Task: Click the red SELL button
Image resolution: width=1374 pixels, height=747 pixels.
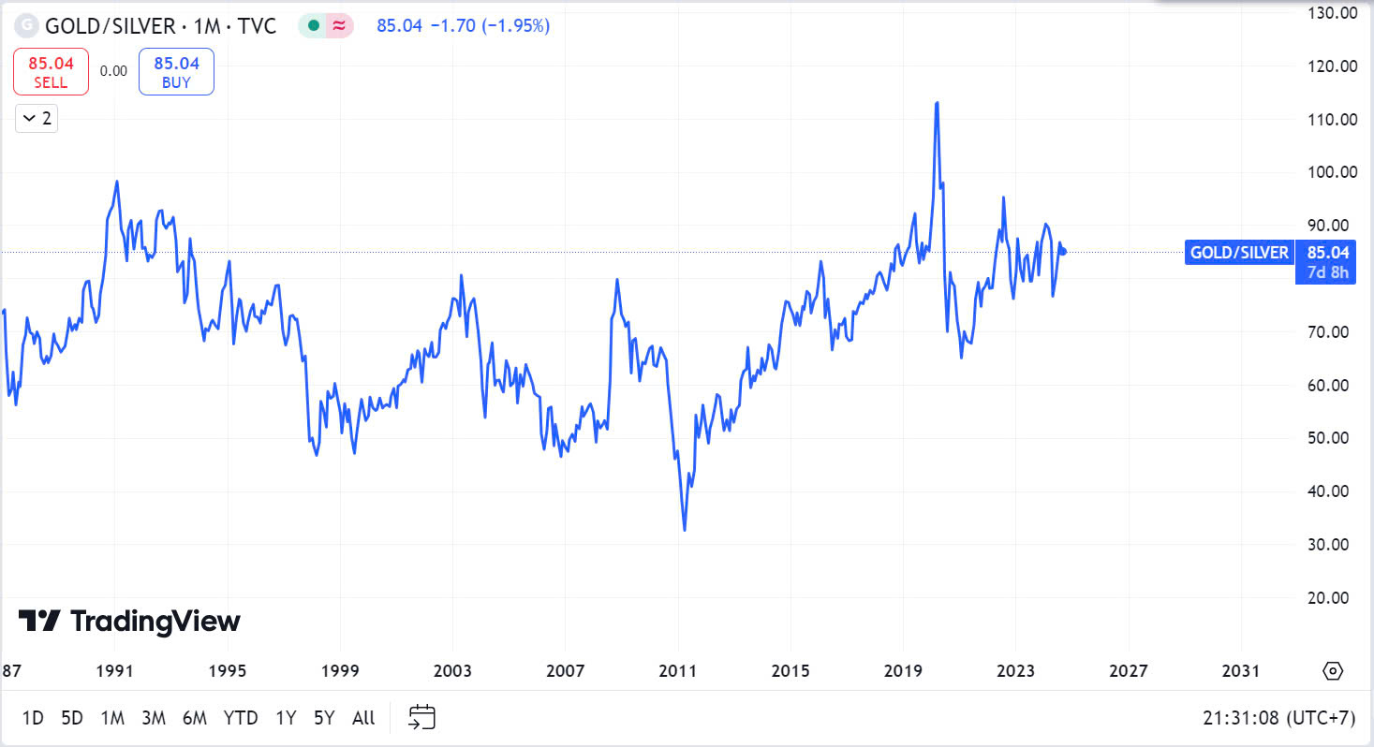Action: [x=51, y=72]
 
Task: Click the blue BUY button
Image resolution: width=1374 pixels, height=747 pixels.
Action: [x=176, y=72]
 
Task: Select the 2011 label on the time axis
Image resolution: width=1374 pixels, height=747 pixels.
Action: [x=678, y=671]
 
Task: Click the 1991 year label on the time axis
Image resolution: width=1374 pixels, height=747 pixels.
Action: [x=115, y=671]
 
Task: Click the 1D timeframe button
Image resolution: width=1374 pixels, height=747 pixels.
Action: [x=33, y=718]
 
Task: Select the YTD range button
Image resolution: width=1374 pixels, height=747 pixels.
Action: [x=241, y=718]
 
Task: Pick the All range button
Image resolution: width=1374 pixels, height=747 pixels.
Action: [x=363, y=718]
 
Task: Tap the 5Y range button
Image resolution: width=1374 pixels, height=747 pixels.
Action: [x=324, y=718]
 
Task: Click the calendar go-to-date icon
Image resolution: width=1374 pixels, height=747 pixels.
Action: [x=422, y=718]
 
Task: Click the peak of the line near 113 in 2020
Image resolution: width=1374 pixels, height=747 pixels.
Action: [x=937, y=103]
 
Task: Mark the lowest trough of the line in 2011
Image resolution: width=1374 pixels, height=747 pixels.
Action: [x=685, y=531]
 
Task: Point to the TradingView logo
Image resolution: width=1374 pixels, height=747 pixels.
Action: [x=130, y=621]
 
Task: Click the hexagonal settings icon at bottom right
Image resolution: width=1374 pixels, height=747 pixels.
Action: [x=1334, y=671]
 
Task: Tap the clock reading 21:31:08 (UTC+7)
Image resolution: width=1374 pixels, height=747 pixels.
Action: [x=1278, y=718]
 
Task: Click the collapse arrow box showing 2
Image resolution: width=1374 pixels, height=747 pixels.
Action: [x=37, y=119]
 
